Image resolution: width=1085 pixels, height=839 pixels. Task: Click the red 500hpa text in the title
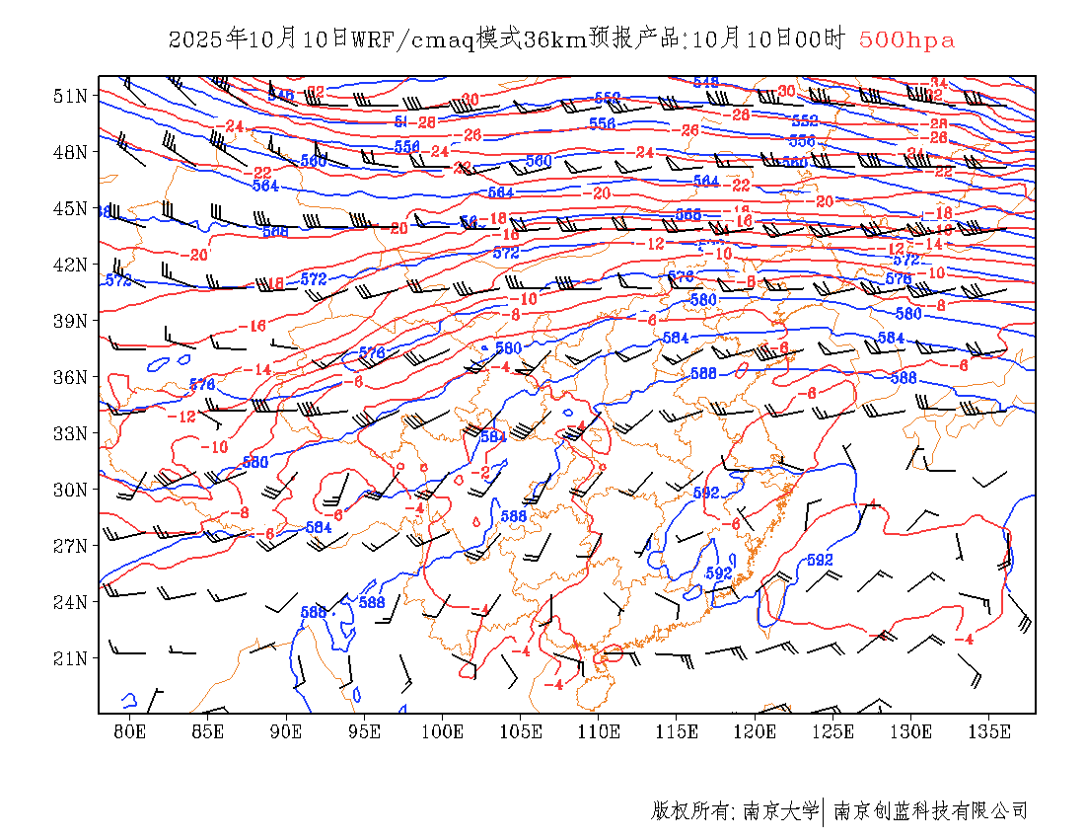tap(906, 40)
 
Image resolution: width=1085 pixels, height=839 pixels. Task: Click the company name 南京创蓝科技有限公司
tap(930, 811)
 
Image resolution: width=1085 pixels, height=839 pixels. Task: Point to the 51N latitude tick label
tap(71, 96)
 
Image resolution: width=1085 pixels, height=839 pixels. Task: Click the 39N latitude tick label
tap(71, 321)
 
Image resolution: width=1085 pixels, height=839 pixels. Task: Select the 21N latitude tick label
tap(71, 657)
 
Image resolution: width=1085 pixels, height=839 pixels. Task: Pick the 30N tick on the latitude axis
tap(71, 490)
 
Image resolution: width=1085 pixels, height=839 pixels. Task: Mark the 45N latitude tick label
tap(71, 208)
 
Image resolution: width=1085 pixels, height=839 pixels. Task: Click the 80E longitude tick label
tap(129, 731)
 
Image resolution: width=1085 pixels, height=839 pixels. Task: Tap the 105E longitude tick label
tap(520, 731)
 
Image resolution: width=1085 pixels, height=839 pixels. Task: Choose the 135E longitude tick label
tap(989, 731)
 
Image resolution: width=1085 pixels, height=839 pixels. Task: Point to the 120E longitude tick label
tap(755, 731)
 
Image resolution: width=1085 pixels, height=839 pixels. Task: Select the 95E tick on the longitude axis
tap(364, 731)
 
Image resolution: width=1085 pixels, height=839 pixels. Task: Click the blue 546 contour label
tap(281, 96)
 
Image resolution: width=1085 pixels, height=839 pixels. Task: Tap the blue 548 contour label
tap(706, 82)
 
